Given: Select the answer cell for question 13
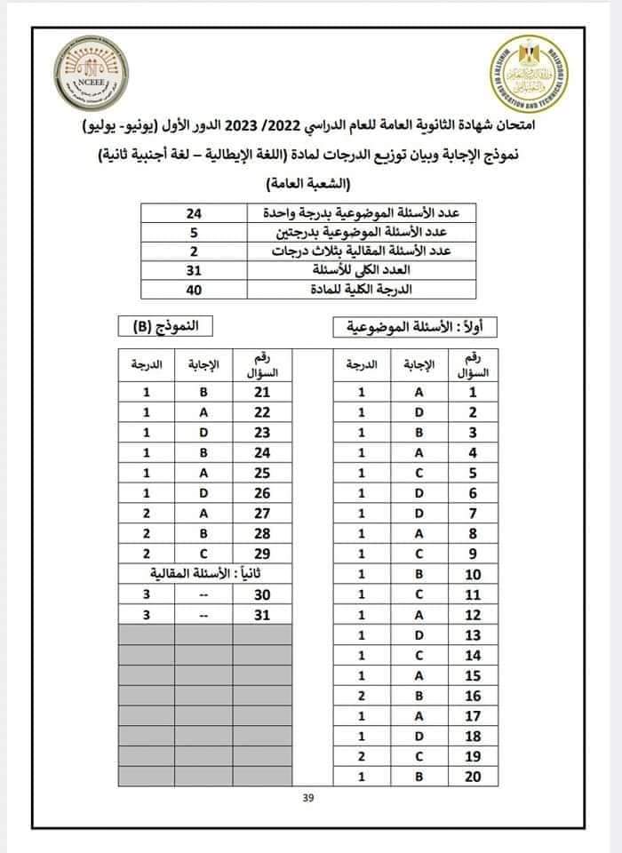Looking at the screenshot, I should click(419, 634).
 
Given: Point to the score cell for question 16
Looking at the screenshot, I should click(362, 696).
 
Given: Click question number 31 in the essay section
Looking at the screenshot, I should click(262, 614).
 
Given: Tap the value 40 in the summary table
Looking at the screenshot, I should click(195, 289).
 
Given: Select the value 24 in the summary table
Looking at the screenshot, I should click(195, 214).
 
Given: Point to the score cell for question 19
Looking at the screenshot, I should click(362, 757).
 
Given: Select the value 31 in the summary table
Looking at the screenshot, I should click(195, 270).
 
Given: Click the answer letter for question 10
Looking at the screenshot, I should click(419, 573).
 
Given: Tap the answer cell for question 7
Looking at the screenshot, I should click(419, 513).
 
